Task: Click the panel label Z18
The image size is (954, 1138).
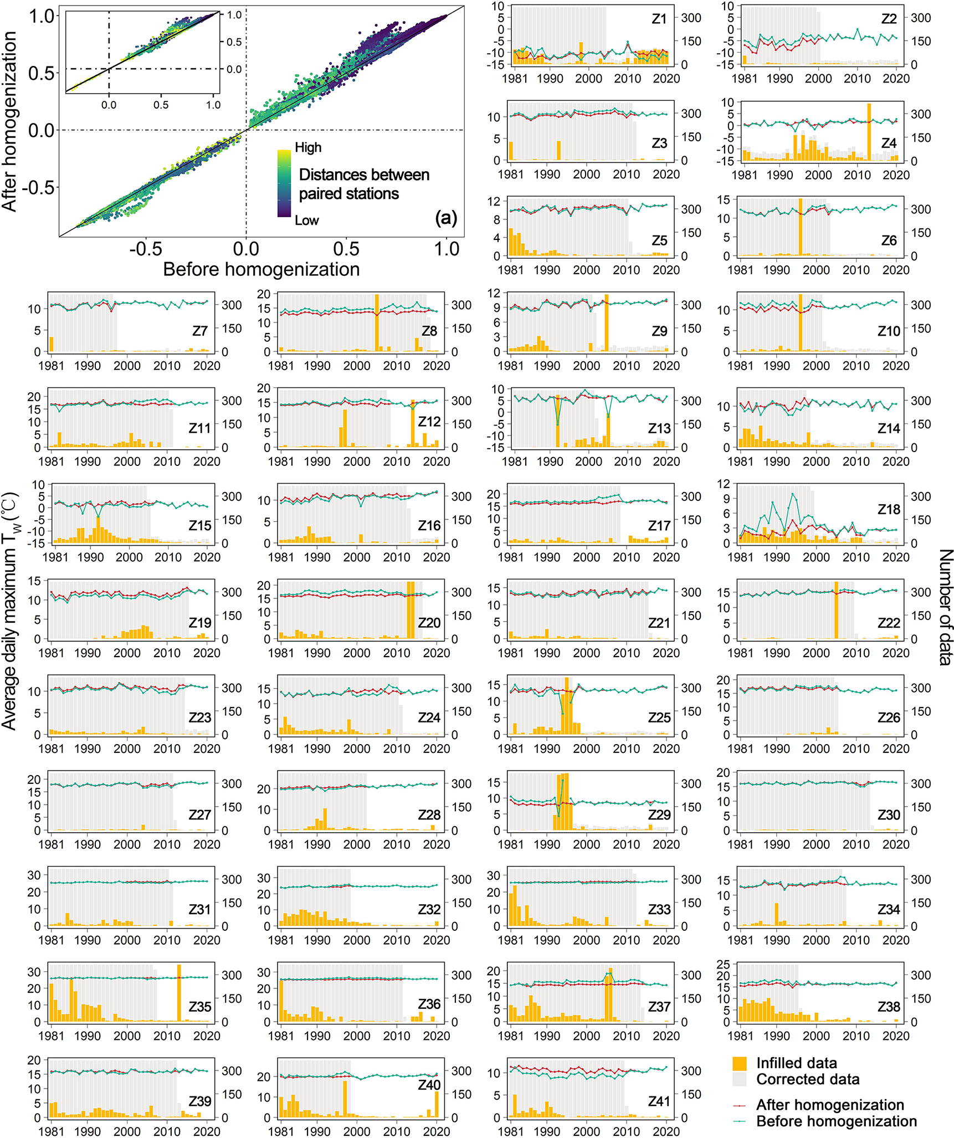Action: pos(889,509)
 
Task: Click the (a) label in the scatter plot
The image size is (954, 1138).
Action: pos(445,218)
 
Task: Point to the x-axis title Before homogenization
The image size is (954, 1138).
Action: pos(261,270)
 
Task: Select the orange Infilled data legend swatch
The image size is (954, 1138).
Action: pos(740,1063)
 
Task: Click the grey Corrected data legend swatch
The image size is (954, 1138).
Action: pos(740,1079)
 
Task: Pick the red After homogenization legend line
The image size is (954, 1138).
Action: pos(740,1105)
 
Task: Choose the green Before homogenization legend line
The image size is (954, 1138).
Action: pos(740,1121)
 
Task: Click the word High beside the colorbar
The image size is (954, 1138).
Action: pos(308,147)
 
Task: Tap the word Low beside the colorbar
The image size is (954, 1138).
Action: pos(307,221)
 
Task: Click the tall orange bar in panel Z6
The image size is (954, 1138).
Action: pos(800,227)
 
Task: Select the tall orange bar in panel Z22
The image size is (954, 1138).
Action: pos(836,610)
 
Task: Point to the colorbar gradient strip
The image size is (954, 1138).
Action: pos(284,183)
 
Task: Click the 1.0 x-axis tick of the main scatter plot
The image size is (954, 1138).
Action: pos(447,249)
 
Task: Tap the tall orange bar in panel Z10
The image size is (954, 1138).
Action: pos(800,323)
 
